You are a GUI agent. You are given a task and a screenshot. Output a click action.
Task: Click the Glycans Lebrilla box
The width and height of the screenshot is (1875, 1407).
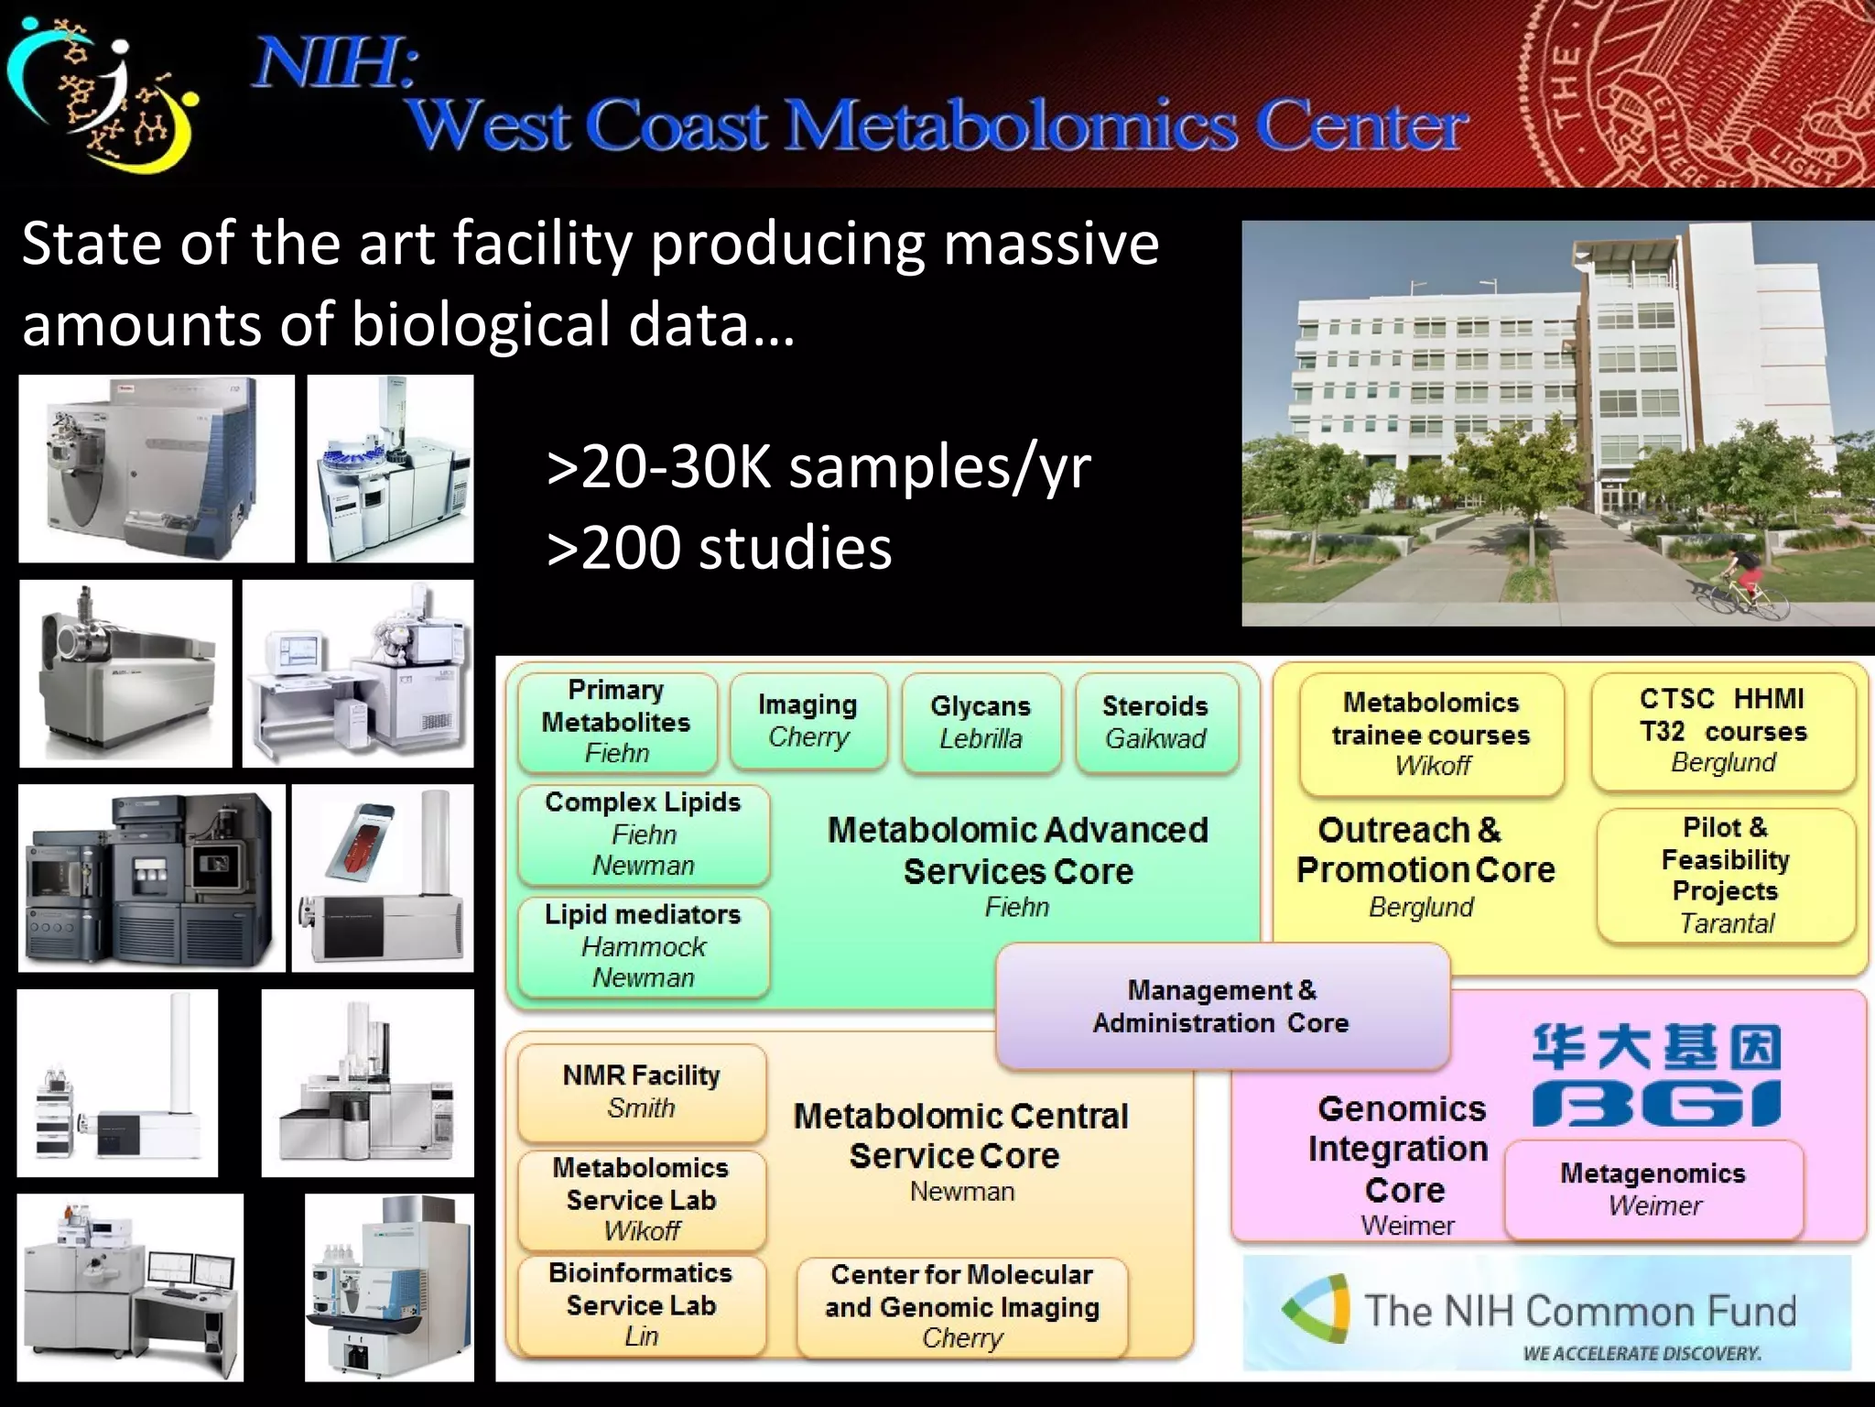tap(981, 723)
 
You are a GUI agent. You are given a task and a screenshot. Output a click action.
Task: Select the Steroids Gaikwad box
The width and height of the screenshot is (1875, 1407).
tap(1155, 723)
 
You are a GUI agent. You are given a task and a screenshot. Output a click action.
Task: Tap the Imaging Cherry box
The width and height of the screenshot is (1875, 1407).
tap(808, 721)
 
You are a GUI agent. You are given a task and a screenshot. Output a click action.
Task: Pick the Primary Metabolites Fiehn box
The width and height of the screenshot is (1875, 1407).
tap(616, 722)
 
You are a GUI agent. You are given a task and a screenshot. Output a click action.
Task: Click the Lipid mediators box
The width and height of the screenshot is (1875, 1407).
tap(643, 946)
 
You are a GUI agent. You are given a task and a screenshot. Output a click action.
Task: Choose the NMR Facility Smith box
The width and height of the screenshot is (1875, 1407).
tap(641, 1092)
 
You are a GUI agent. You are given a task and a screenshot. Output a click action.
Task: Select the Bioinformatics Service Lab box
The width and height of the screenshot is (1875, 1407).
tap(641, 1304)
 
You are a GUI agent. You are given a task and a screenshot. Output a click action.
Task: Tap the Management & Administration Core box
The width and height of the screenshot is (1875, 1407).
tap(1221, 1007)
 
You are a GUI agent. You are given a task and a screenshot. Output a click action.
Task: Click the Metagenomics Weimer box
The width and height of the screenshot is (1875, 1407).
tap(1653, 1190)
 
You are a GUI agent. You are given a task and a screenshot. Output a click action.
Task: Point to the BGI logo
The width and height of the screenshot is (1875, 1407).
tap(1657, 1077)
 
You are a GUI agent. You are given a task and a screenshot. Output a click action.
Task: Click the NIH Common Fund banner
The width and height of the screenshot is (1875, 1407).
tap(1546, 1314)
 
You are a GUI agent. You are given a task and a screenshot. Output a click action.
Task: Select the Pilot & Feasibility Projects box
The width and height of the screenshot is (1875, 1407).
tap(1726, 876)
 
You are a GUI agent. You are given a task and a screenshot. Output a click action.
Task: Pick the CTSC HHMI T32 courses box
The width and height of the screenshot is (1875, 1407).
tap(1723, 731)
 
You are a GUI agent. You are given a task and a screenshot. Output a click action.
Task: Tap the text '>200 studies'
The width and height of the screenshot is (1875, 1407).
tap(720, 549)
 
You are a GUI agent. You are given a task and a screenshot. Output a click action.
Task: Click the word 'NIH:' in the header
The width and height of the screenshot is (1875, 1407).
tap(334, 63)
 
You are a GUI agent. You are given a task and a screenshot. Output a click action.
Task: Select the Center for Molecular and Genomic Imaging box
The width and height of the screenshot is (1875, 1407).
tap(962, 1306)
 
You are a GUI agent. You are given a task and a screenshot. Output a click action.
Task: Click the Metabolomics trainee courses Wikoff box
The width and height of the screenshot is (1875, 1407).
tap(1431, 734)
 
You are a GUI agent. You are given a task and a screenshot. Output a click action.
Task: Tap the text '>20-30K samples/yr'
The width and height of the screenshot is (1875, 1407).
tap(818, 467)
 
